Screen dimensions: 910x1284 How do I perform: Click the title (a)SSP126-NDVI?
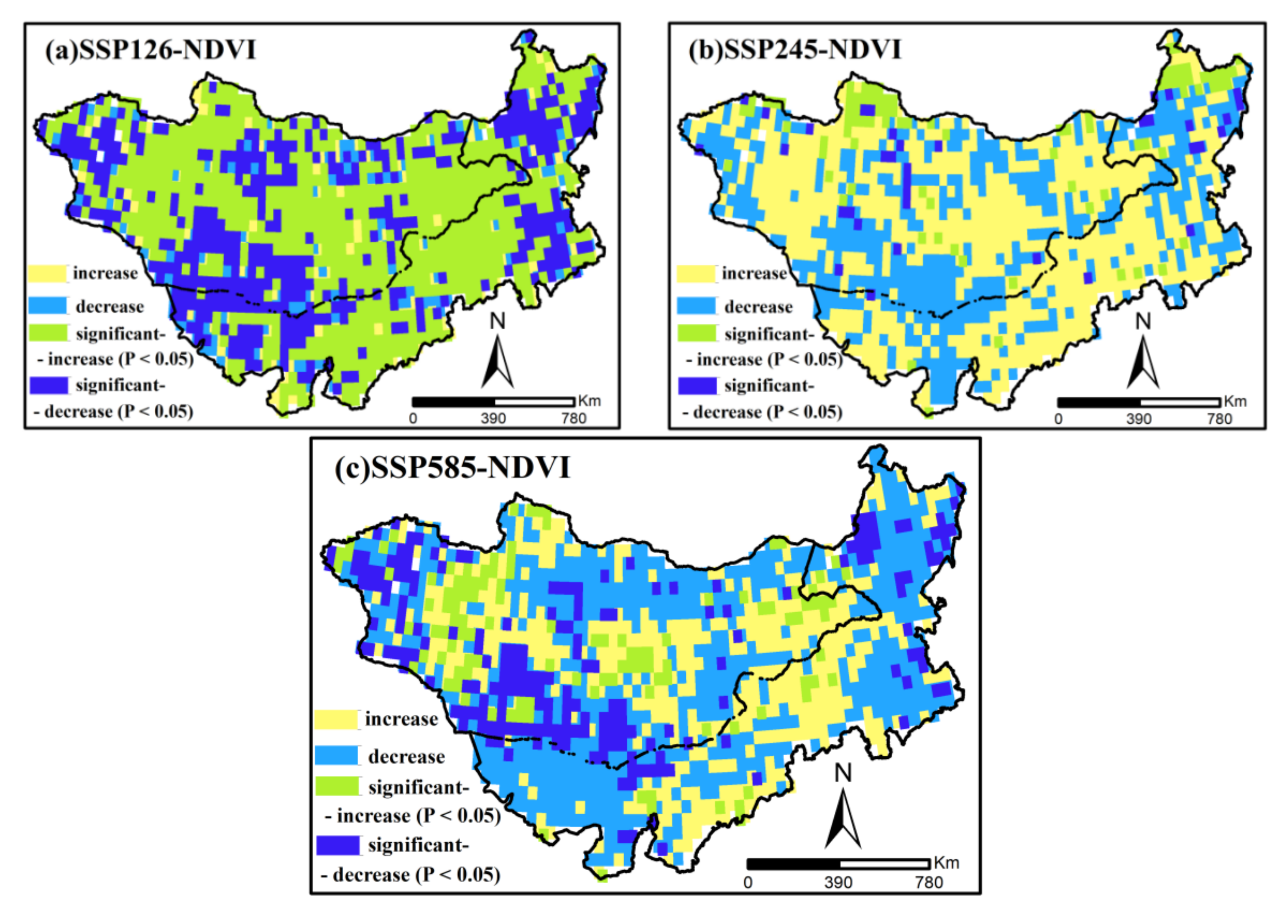[150, 50]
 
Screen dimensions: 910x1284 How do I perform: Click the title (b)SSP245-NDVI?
[794, 50]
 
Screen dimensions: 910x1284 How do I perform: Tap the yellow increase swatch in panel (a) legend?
[48, 273]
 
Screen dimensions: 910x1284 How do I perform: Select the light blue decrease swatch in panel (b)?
[696, 306]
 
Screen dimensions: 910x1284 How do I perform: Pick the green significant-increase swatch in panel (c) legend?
[336, 786]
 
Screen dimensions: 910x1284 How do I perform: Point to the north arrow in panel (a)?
[498, 361]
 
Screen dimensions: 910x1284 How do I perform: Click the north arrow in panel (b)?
[1143, 363]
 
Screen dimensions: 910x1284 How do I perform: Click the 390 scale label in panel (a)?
[493, 419]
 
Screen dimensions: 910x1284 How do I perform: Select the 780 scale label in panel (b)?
[1219, 419]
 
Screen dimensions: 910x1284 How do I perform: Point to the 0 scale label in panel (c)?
[748, 882]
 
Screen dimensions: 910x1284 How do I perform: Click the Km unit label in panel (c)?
[946, 862]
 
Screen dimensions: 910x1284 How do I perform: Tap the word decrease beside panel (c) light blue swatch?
[406, 757]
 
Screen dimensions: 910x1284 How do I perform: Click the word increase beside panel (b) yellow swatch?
[754, 273]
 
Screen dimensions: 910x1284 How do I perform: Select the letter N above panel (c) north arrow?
[843, 774]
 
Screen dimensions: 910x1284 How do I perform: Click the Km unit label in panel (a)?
[589, 400]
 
